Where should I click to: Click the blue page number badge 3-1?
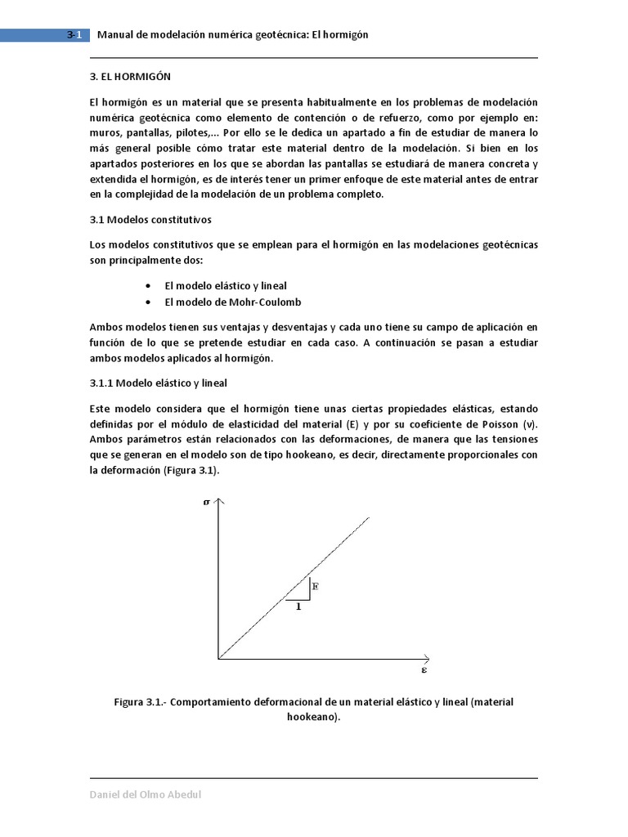(73, 34)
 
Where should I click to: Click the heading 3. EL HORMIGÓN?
(129, 76)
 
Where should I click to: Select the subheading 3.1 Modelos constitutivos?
(150, 220)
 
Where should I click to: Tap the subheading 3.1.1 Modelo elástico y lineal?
(158, 383)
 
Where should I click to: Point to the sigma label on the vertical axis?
(206, 502)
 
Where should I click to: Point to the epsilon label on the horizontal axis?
(424, 670)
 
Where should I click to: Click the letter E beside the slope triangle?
(316, 585)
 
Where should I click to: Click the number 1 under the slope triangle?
(298, 606)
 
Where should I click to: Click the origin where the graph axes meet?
(218, 657)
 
